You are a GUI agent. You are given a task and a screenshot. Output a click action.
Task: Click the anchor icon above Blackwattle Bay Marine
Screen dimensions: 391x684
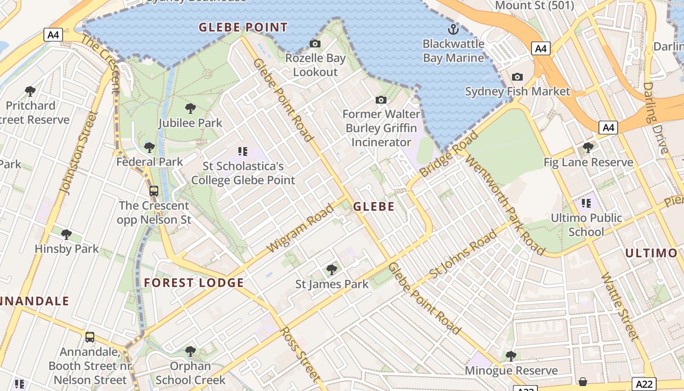(453, 29)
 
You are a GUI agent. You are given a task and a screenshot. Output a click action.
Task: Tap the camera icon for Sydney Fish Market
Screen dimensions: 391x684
(517, 77)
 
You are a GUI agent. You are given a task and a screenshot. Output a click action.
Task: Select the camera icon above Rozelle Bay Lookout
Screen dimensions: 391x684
(315, 43)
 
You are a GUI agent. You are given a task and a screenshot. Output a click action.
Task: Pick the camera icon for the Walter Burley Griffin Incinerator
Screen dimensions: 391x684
(381, 100)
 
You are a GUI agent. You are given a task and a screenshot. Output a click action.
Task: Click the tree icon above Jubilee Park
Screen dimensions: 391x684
(191, 109)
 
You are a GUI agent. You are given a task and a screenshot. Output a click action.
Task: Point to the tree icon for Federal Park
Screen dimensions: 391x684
(150, 147)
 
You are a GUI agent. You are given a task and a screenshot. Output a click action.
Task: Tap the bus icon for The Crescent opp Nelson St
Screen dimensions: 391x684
(154, 191)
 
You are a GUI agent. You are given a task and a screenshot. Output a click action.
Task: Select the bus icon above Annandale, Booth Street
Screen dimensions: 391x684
(90, 337)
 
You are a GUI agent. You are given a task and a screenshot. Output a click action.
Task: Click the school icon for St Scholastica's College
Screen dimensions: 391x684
(243, 152)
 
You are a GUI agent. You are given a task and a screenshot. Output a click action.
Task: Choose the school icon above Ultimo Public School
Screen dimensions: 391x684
(586, 203)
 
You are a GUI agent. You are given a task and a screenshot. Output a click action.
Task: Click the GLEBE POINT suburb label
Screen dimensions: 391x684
(243, 27)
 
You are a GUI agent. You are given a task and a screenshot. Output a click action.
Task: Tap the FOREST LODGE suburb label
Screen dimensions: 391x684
(194, 282)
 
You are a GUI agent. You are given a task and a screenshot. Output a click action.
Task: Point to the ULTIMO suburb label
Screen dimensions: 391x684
(651, 253)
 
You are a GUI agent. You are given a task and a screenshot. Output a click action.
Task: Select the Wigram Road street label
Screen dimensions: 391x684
(301, 228)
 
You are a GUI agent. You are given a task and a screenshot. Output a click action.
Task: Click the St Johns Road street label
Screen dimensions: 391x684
(463, 253)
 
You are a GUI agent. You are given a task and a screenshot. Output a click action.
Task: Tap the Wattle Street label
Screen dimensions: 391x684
(620, 306)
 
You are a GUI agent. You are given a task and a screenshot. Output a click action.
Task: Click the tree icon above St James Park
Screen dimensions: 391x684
(332, 269)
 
